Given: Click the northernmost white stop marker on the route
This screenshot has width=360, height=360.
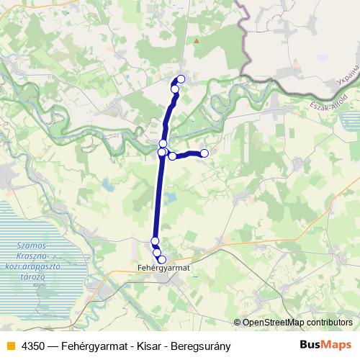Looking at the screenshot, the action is (x=181, y=78).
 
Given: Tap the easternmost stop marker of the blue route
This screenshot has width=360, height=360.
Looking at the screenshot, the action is (x=204, y=153).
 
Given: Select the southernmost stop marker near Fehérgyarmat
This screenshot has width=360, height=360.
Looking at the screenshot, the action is (x=162, y=259).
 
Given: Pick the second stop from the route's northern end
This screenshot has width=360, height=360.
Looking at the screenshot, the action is (x=175, y=89).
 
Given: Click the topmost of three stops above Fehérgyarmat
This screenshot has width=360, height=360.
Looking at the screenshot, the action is (x=155, y=240).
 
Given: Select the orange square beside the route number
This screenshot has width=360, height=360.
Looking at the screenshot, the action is (x=9, y=346).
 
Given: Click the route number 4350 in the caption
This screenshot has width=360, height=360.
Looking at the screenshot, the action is (x=31, y=346).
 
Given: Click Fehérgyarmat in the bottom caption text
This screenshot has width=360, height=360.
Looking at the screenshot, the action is (x=96, y=346).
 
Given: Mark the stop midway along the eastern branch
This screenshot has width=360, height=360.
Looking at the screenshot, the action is (x=173, y=156).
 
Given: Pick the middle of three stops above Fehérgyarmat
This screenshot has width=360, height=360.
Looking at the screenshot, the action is (x=157, y=252).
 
